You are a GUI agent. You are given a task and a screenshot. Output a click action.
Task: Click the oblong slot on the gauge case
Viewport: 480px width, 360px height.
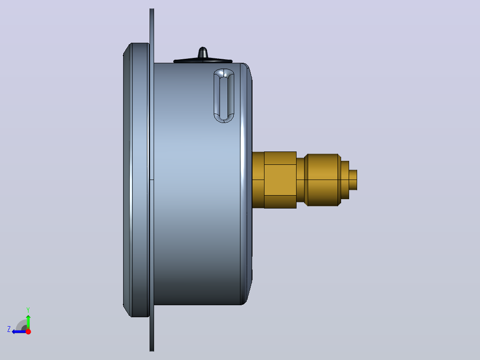[224, 96]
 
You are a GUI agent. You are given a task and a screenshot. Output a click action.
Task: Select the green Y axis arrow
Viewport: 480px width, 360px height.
[28, 321]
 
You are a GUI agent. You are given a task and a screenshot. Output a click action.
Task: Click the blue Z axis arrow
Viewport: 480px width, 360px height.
[19, 331]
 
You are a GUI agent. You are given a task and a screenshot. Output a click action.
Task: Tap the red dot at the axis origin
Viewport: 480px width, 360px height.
[28, 331]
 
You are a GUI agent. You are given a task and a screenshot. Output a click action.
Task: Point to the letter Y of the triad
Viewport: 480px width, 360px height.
[28, 310]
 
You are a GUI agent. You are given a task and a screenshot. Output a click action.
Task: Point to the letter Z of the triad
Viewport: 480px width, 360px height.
[9, 329]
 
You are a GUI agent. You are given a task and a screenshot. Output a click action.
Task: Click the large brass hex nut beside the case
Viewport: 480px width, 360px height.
[280, 180]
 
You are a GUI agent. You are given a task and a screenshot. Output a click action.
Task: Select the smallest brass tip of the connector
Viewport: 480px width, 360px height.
[353, 180]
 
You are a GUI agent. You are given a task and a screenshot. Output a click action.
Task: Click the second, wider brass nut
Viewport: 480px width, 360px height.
[322, 180]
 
